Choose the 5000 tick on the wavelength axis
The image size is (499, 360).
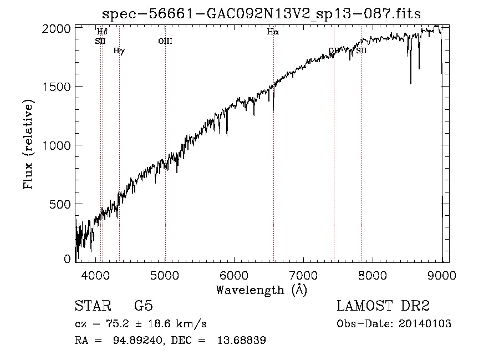point(165,275)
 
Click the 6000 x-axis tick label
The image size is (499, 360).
point(235,275)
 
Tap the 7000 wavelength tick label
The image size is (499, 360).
point(303,275)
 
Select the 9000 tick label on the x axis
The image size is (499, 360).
point(441,275)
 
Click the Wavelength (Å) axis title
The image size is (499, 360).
point(261,290)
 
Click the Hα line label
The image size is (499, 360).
point(272,32)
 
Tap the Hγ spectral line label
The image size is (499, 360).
point(119,51)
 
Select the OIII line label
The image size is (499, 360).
point(165,41)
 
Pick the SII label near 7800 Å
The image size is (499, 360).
point(361,51)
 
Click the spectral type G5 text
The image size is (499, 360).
point(144,306)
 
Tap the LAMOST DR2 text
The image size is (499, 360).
point(383,306)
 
